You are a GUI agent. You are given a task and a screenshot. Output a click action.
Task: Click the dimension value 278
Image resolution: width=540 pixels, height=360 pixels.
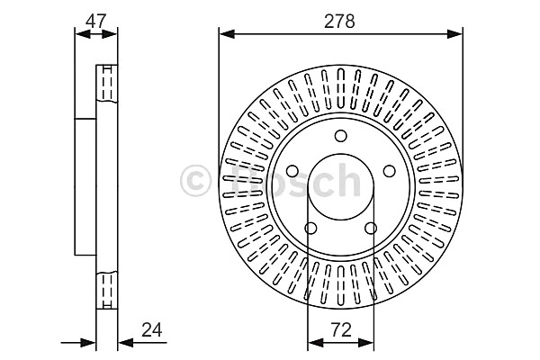(x=339, y=22)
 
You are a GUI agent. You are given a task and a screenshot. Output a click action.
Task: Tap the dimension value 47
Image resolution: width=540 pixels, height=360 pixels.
(x=96, y=22)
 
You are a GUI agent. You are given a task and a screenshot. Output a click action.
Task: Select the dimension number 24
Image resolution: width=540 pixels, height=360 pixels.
(x=152, y=330)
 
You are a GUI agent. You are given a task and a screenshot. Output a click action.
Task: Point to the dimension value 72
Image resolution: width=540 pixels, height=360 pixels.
(x=341, y=330)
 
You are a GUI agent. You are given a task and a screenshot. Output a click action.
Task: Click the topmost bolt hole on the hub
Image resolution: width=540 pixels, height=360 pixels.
(x=341, y=136)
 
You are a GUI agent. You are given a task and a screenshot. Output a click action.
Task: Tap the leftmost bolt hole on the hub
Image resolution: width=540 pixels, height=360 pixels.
(x=292, y=171)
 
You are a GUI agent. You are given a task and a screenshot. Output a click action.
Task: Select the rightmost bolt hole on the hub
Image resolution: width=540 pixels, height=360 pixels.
(x=390, y=171)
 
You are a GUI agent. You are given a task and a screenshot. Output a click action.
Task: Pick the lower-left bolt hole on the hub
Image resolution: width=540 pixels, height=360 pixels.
(x=311, y=228)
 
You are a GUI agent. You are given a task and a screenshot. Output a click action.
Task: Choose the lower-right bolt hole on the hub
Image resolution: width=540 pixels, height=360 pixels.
(x=371, y=228)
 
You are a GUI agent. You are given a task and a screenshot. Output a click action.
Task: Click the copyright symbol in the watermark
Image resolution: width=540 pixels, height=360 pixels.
(x=195, y=181)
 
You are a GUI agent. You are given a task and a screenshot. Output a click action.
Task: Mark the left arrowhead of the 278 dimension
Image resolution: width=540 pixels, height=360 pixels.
(x=227, y=34)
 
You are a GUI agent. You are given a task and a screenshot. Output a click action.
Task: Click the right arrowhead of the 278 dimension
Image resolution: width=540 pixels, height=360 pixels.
(x=454, y=34)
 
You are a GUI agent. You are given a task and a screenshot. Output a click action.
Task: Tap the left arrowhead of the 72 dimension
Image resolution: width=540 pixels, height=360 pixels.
(x=316, y=342)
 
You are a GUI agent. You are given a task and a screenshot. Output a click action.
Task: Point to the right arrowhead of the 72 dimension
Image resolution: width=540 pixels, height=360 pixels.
(x=366, y=342)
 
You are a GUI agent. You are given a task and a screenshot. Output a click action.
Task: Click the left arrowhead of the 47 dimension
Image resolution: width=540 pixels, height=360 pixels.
(x=83, y=34)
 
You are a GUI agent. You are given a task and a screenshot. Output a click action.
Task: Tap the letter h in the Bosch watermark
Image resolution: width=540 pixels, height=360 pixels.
(x=348, y=180)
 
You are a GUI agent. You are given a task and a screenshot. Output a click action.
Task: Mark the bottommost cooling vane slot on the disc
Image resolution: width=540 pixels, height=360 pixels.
(x=341, y=285)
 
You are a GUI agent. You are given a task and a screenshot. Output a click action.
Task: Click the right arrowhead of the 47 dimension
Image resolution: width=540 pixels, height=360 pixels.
(x=110, y=34)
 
